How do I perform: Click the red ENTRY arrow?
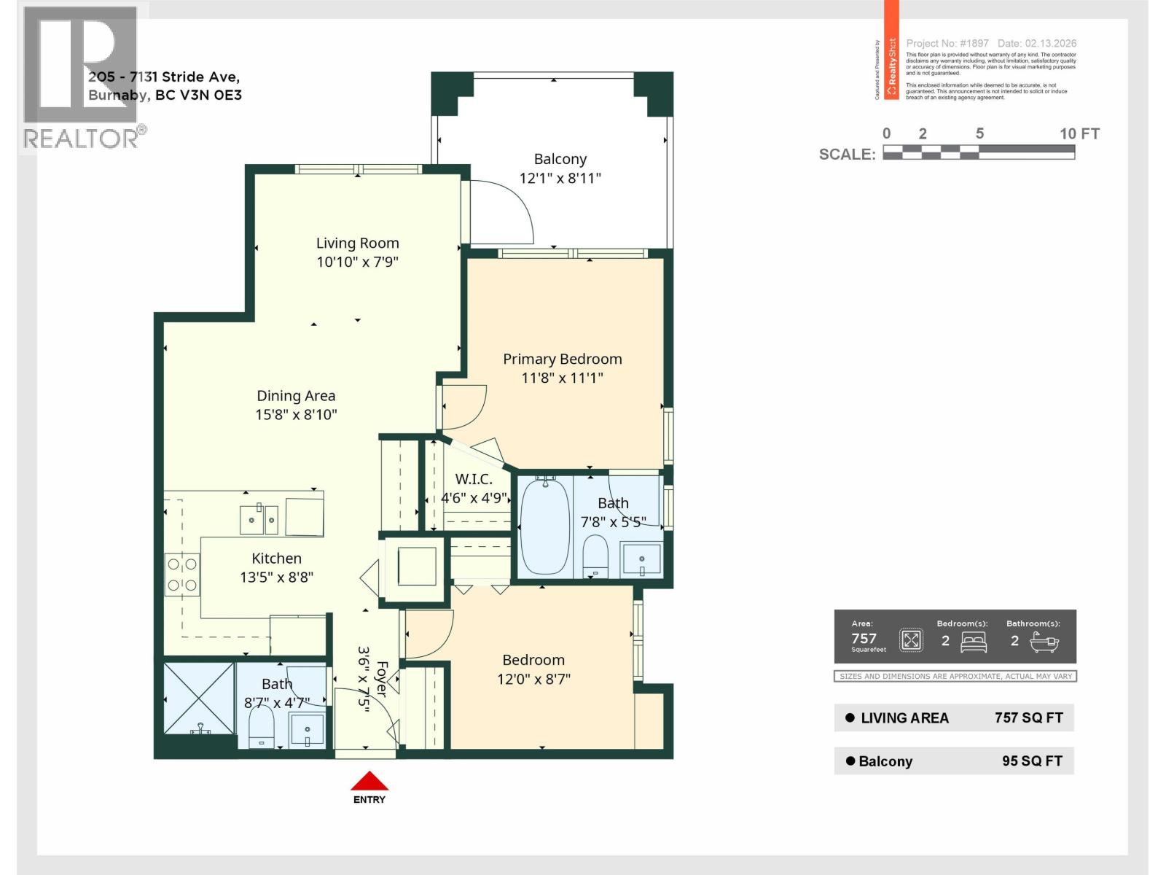[x=369, y=781]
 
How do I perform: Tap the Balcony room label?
[x=560, y=159]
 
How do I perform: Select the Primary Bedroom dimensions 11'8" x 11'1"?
[x=562, y=378]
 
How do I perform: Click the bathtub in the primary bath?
[x=545, y=526]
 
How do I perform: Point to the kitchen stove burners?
[x=182, y=574]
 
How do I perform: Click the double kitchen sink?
[x=259, y=519]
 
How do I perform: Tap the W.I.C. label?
[x=474, y=479]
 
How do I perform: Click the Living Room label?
[x=357, y=243]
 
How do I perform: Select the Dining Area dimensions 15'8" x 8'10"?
[x=296, y=414]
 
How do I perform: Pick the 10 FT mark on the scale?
[x=1079, y=133]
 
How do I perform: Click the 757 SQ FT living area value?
[x=1028, y=717]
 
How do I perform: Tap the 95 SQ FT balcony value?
[x=1032, y=761]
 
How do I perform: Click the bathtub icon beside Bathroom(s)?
[x=1044, y=642]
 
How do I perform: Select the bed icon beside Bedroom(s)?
[x=974, y=642]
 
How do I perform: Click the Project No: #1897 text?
[x=947, y=44]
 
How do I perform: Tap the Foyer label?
[x=382, y=679]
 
